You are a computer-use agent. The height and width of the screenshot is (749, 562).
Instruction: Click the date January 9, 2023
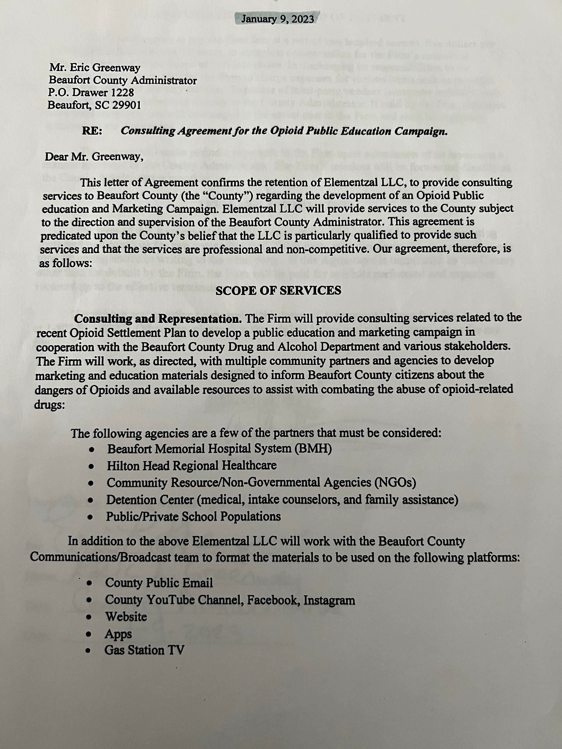pos(277,19)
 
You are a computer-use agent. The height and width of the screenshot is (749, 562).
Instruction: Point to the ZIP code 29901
pos(124,105)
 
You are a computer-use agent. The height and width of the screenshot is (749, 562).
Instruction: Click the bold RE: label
pos(92,131)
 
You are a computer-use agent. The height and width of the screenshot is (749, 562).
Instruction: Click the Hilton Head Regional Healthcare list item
pos(192,465)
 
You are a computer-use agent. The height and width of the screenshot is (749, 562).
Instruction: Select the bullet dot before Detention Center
pos(90,501)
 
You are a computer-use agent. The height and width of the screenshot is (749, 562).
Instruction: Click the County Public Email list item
pos(159,583)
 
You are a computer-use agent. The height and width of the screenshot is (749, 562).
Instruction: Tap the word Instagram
pos(329,600)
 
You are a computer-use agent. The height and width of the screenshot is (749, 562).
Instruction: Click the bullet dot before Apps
pos(89,634)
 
